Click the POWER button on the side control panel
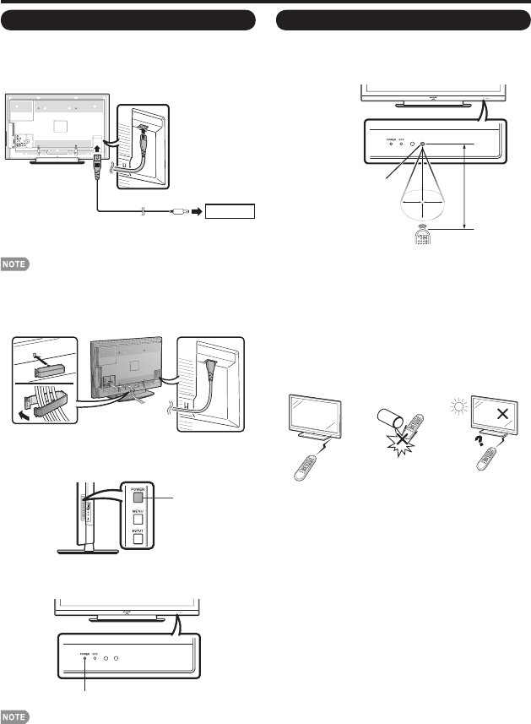(x=137, y=496)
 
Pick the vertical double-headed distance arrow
(x=464, y=186)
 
